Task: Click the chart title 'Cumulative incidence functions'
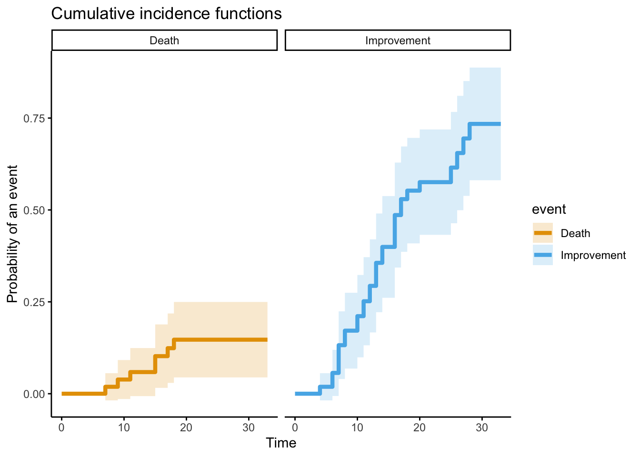pyautogui.click(x=166, y=14)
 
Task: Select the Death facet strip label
pyautogui.click(x=164, y=40)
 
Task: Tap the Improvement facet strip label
pyautogui.click(x=398, y=40)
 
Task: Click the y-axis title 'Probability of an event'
pyautogui.click(x=12, y=234)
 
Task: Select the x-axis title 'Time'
pyautogui.click(x=281, y=443)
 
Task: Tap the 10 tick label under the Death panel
pyautogui.click(x=124, y=427)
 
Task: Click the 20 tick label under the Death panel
pyautogui.click(x=186, y=427)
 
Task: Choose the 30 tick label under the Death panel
pyautogui.click(x=249, y=427)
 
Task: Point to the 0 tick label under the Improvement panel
pyautogui.click(x=295, y=427)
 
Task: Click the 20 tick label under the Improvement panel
pyautogui.click(x=420, y=427)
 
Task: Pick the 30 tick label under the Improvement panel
pyautogui.click(x=482, y=427)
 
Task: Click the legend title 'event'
pyautogui.click(x=549, y=209)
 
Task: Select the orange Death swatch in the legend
pyautogui.click(x=542, y=233)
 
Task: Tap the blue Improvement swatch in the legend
pyautogui.click(x=542, y=255)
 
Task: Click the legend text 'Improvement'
pyautogui.click(x=593, y=255)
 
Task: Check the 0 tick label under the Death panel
pyautogui.click(x=61, y=427)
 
